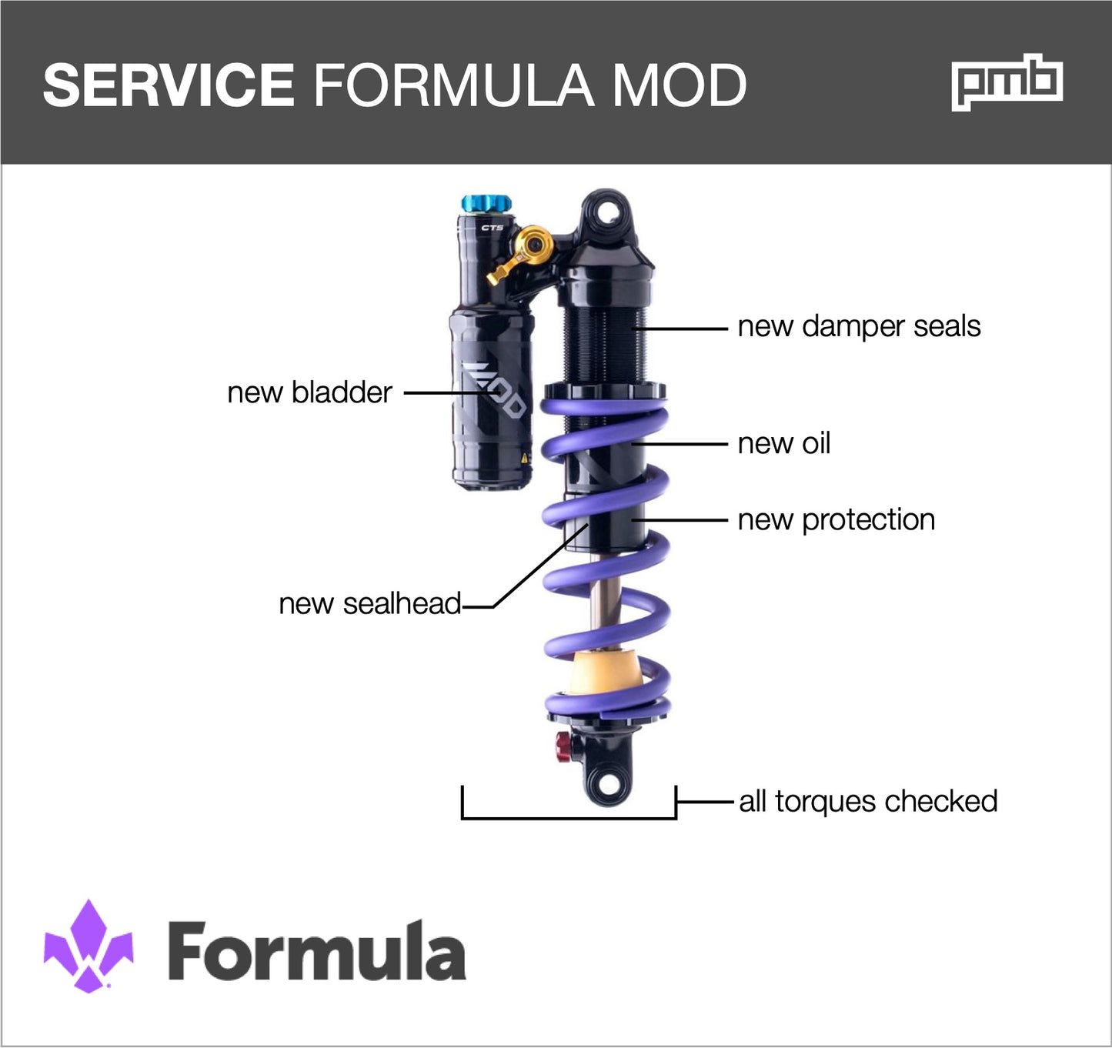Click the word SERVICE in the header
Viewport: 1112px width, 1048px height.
pyautogui.click(x=169, y=85)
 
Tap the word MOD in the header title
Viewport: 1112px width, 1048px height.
pyautogui.click(x=679, y=85)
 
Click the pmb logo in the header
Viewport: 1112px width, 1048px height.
pyautogui.click(x=1007, y=82)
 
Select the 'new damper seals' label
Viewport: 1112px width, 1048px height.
pyautogui.click(x=859, y=326)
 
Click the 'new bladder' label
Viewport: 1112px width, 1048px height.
pyautogui.click(x=309, y=392)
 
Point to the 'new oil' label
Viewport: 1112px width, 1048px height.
pyautogui.click(x=783, y=443)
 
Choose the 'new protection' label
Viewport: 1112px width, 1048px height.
pyautogui.click(x=836, y=520)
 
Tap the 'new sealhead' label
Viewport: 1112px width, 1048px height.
pyautogui.click(x=369, y=604)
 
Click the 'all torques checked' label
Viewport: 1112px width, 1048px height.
pyautogui.click(x=868, y=802)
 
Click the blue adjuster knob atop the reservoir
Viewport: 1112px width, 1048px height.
pyautogui.click(x=486, y=204)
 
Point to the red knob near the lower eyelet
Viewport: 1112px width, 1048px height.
pyautogui.click(x=563, y=746)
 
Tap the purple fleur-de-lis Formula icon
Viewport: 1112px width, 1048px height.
pyautogui.click(x=88, y=946)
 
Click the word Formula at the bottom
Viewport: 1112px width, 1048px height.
pyautogui.click(x=316, y=951)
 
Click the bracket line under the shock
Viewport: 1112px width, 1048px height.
pyautogui.click(x=568, y=817)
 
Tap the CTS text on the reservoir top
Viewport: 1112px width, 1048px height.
pyautogui.click(x=492, y=228)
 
